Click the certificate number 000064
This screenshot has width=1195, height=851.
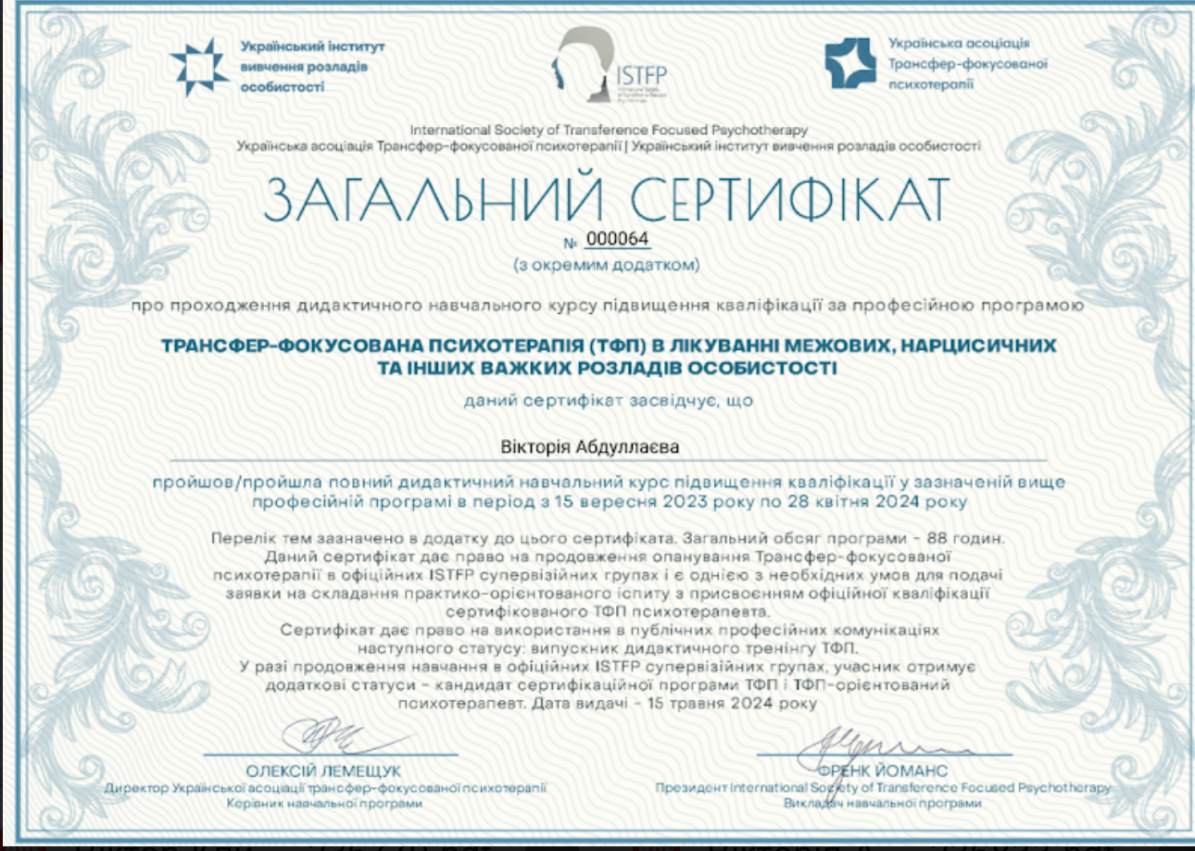coord(618,240)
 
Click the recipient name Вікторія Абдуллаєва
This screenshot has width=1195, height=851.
coord(597,447)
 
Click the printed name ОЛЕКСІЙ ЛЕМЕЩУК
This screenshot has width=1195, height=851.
coord(323,770)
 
